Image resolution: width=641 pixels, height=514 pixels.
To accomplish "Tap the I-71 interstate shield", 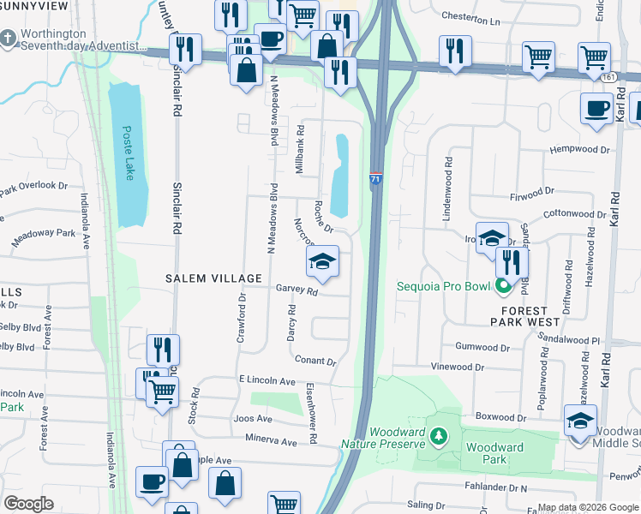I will pos(376,180).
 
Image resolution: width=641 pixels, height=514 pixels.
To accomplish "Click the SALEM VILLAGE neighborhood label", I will pos(213,278).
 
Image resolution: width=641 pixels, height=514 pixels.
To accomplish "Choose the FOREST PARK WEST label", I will pos(524,316).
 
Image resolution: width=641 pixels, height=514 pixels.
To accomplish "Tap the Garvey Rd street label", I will pos(297,290).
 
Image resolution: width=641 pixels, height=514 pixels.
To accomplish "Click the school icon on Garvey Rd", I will pos(322,261).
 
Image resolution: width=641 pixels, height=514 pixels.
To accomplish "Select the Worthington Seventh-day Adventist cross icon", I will pos(8,39).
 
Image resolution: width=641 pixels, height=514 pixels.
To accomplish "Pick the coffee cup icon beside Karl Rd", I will pos(596,109).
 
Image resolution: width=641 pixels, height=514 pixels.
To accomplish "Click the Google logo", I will pos(28,503).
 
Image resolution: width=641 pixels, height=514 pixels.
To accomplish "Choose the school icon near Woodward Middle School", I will pos(580,421).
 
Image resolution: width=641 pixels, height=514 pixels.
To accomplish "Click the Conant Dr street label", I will pos(313,361).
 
